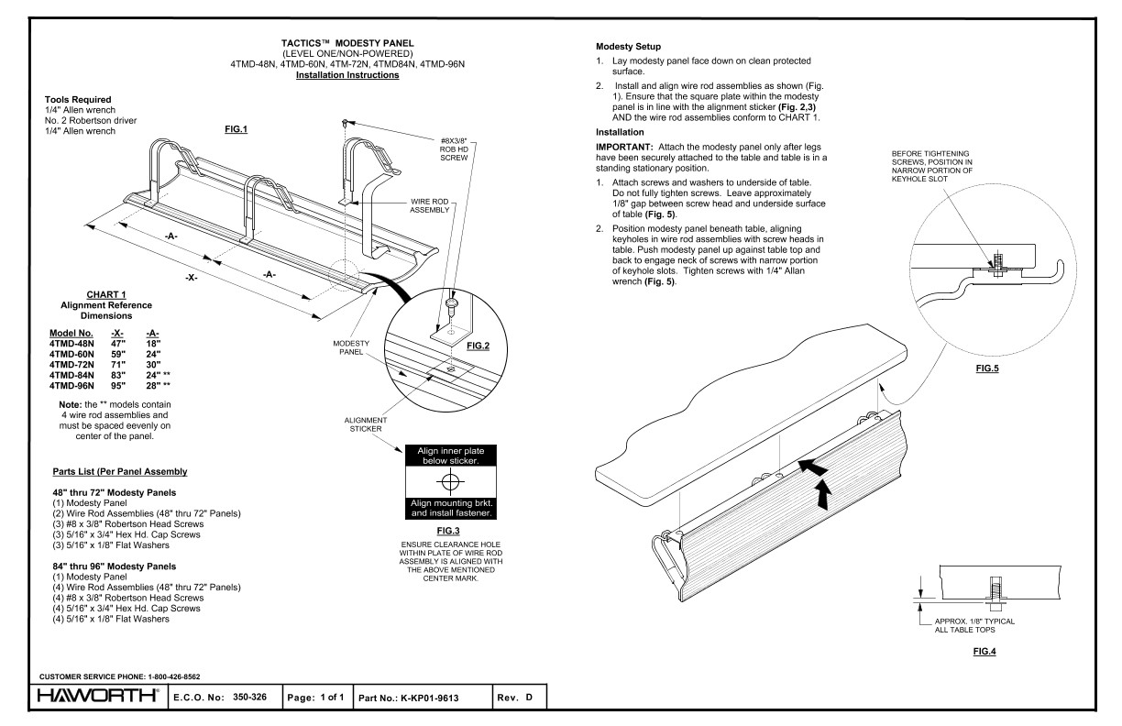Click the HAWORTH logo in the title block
click(x=98, y=696)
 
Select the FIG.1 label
click(x=236, y=129)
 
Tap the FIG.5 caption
click(x=987, y=368)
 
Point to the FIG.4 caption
click(x=984, y=652)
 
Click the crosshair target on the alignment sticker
click(x=450, y=481)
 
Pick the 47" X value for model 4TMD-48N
click(x=118, y=344)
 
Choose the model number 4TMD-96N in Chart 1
click(x=71, y=386)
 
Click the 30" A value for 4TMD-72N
click(x=153, y=365)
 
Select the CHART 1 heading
click(x=106, y=294)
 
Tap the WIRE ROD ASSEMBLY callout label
click(x=430, y=206)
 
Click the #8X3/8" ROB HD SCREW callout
click(x=454, y=149)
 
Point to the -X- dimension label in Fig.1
click(x=192, y=277)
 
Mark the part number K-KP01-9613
click(x=430, y=698)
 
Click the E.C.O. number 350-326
click(x=249, y=697)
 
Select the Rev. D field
click(x=515, y=698)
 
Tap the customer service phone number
click(x=174, y=676)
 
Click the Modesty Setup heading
click(x=628, y=47)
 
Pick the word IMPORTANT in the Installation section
click(x=624, y=148)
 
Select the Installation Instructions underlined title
click(x=347, y=75)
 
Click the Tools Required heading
click(x=78, y=100)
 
